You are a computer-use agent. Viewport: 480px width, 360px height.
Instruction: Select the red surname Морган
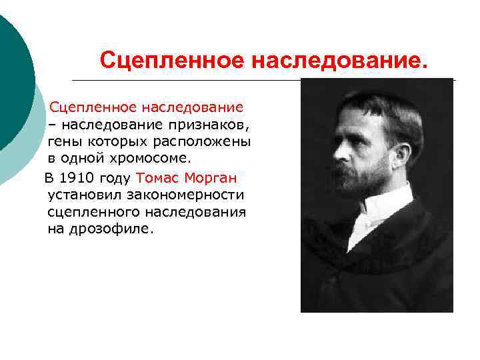tap(211, 178)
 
